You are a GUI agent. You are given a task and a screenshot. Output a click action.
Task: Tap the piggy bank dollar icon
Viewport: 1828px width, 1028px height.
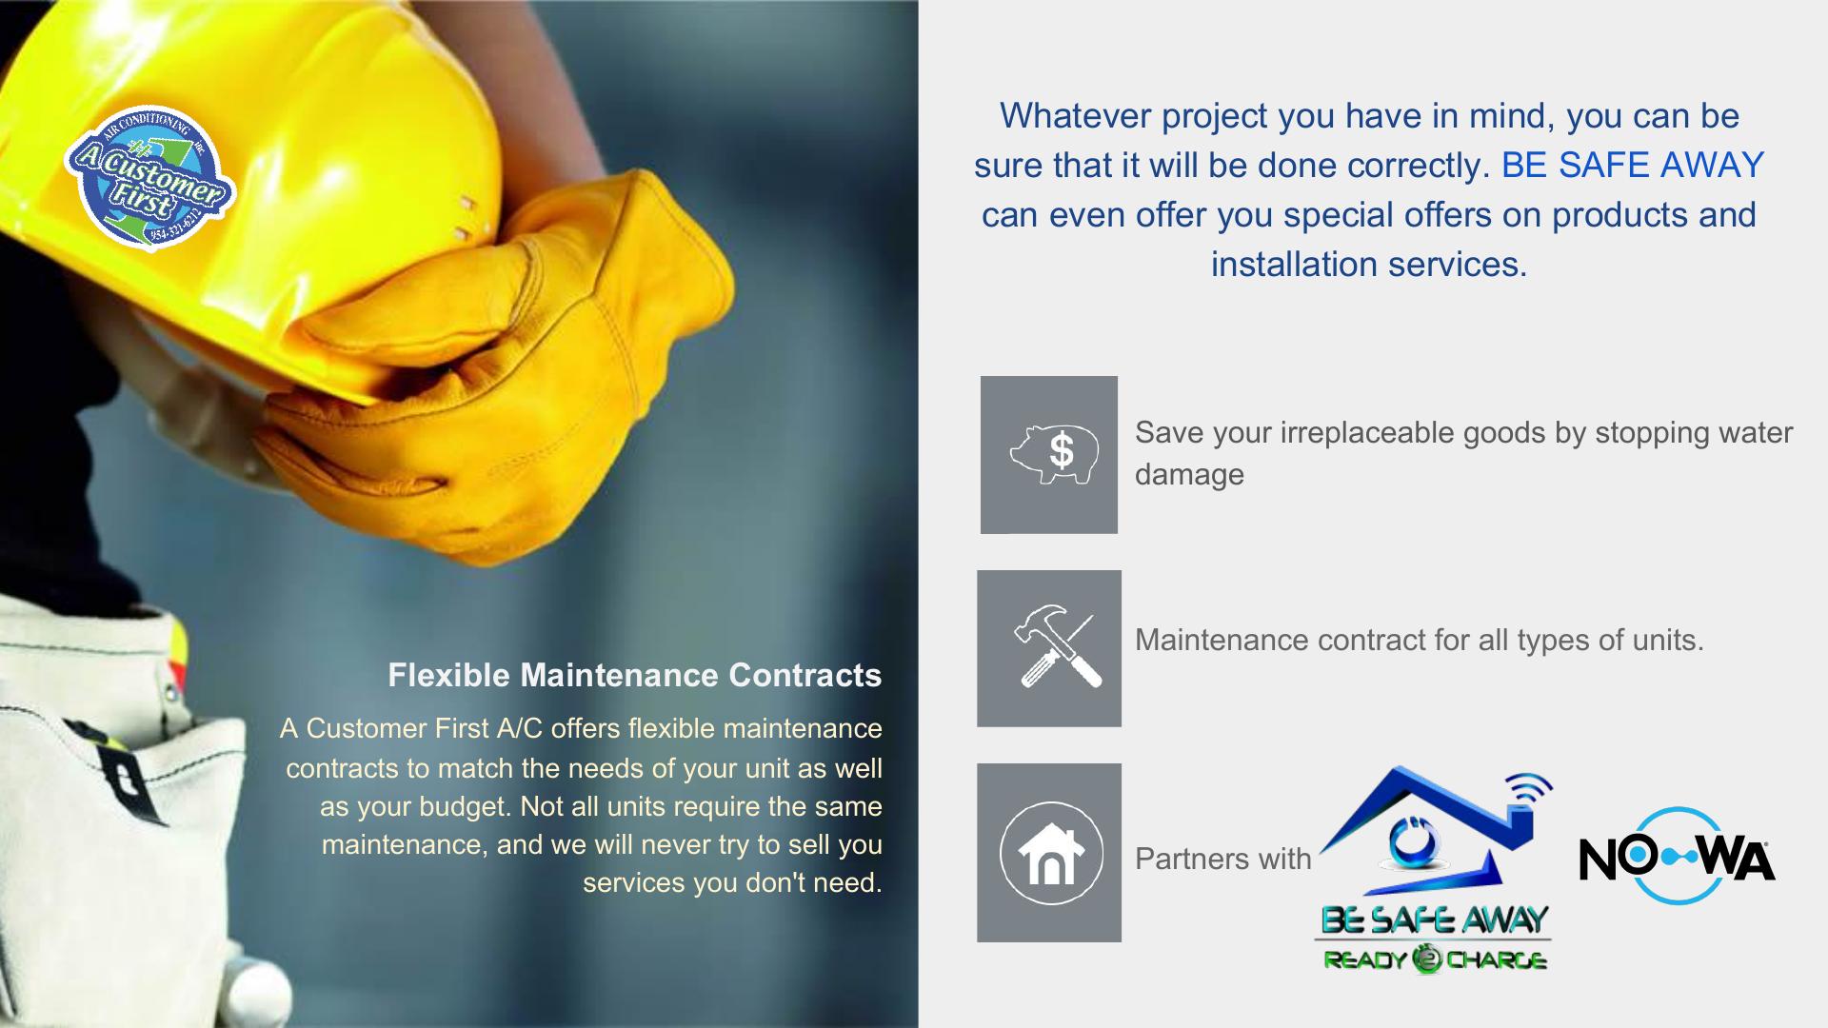(x=1054, y=454)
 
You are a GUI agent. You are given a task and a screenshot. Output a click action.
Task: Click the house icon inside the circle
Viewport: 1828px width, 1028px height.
(x=1051, y=854)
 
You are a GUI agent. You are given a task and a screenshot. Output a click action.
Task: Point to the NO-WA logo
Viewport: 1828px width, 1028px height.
(x=1678, y=856)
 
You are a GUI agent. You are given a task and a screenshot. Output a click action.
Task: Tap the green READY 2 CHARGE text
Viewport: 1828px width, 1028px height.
(x=1435, y=959)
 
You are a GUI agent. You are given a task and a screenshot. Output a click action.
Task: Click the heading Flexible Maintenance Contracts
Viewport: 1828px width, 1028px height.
(x=635, y=675)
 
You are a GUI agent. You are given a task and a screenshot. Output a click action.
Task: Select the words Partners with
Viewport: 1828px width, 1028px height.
(x=1222, y=859)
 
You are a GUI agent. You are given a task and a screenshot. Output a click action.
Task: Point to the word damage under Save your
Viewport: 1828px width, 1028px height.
(x=1189, y=474)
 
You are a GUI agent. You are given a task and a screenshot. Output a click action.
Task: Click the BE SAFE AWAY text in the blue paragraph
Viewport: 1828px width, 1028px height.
(x=1633, y=166)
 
